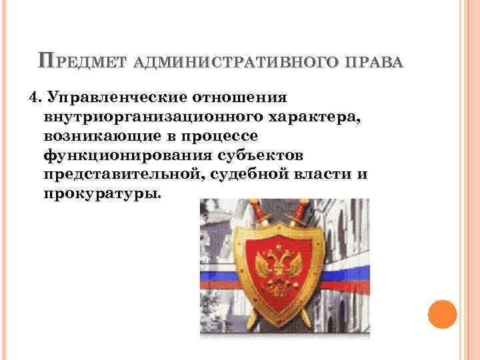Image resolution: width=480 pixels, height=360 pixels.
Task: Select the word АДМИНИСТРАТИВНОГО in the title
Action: [241, 63]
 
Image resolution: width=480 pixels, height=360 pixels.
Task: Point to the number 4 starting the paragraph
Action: [35, 98]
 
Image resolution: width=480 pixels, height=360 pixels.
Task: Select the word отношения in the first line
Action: [240, 98]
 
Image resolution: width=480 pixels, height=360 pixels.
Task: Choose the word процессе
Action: [221, 137]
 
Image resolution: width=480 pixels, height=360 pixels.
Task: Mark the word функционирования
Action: [129, 156]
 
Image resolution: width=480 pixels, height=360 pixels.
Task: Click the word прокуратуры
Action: [101, 195]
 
